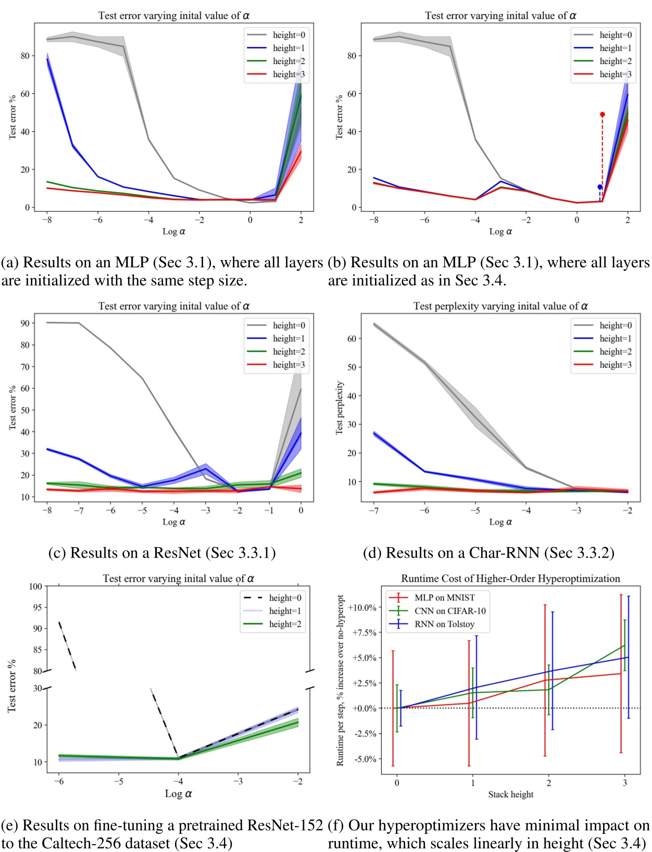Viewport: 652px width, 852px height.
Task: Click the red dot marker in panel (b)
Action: [603, 115]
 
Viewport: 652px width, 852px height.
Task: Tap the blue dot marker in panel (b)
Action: [600, 187]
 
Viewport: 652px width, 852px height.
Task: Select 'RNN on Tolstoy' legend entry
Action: [444, 624]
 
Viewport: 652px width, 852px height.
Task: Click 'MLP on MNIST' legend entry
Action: [444, 598]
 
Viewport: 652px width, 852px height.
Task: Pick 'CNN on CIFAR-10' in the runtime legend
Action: [449, 611]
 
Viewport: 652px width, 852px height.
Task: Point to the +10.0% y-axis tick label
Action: [362, 608]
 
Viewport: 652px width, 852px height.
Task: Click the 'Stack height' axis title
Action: [510, 794]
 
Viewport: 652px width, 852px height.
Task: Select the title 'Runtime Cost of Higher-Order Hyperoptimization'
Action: [510, 578]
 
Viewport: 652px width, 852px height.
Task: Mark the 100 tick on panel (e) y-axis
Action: [35, 586]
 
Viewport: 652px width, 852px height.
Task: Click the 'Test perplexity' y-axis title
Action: [340, 408]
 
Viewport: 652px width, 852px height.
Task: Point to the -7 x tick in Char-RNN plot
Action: [373, 511]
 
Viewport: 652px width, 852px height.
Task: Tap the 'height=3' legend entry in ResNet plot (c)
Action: [289, 365]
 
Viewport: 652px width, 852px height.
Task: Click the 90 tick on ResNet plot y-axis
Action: [24, 323]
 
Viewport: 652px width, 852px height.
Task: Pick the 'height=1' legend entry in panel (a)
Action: [289, 48]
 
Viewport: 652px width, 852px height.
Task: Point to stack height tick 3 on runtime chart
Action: [625, 783]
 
